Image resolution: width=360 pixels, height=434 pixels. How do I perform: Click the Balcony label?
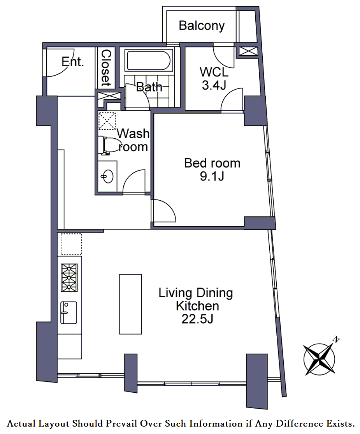[202, 26]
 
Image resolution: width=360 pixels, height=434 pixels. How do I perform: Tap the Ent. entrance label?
[72, 62]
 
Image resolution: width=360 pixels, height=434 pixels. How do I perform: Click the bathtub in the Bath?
[149, 60]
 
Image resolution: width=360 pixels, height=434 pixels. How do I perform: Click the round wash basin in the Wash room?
[107, 176]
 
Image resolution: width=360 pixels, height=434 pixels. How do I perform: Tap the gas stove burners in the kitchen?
[69, 278]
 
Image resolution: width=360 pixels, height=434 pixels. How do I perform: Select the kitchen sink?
[68, 312]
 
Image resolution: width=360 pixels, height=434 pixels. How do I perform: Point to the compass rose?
[320, 359]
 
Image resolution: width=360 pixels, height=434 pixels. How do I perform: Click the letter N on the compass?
[336, 339]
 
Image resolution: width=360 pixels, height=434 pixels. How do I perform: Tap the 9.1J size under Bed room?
[212, 176]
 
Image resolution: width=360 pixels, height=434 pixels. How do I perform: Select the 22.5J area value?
[197, 319]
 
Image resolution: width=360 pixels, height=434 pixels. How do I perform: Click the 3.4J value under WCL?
[214, 85]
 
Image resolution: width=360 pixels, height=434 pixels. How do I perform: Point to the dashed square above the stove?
[71, 244]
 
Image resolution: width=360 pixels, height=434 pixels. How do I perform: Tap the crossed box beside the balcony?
[248, 51]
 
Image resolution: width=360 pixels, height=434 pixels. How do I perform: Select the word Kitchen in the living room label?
[197, 306]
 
